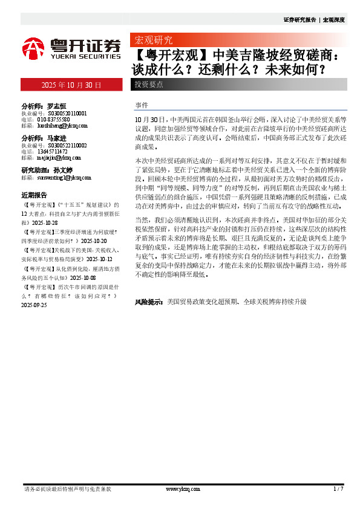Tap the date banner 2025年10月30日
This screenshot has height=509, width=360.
[71, 85]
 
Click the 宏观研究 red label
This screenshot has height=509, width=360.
[153, 41]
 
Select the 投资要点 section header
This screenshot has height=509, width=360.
[149, 85]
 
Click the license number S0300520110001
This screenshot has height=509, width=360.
[64, 113]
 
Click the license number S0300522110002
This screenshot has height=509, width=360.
[64, 146]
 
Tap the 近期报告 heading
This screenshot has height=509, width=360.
[34, 196]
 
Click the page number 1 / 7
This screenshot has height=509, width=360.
[338, 488]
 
